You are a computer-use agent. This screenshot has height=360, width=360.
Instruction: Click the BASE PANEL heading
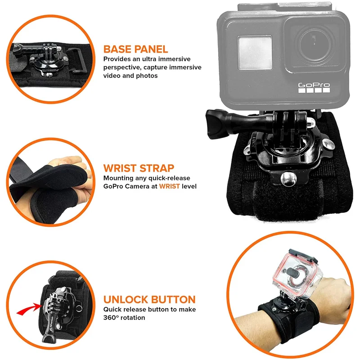pos(135,49)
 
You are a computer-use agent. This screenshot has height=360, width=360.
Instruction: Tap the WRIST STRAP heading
pos(139,168)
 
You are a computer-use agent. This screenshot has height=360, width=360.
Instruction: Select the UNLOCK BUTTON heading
pos(149,299)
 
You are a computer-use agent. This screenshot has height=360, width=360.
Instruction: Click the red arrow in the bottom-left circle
pos(28,309)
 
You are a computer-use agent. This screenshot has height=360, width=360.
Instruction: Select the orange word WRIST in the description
pos(169,186)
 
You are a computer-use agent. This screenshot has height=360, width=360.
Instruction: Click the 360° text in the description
pos(112,318)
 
